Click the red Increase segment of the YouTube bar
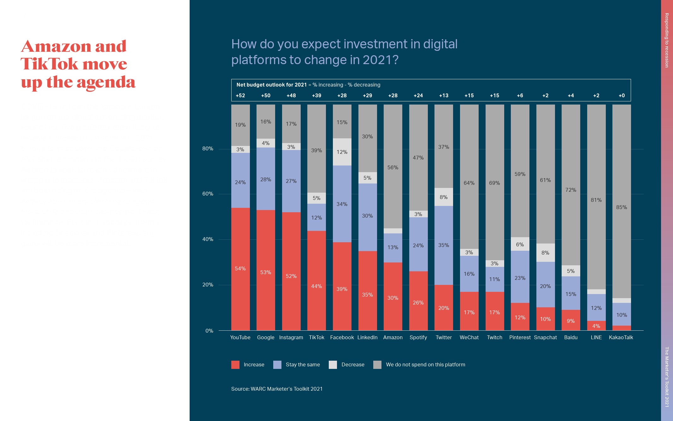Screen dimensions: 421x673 [x=240, y=268]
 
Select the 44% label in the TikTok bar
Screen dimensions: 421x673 [x=316, y=286]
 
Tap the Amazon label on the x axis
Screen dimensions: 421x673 [x=393, y=337]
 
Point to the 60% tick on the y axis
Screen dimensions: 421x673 [x=208, y=194]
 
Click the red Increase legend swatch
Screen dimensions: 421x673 [x=235, y=365]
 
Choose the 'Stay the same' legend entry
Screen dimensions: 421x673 [x=303, y=364]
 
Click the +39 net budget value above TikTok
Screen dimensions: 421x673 [x=316, y=95]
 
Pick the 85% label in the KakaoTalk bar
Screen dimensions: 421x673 [x=622, y=207]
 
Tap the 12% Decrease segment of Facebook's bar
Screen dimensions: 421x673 [x=342, y=152]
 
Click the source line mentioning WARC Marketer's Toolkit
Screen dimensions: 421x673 [x=277, y=389]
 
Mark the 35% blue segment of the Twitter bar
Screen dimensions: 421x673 [x=444, y=245]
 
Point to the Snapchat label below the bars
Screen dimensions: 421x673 [x=545, y=337]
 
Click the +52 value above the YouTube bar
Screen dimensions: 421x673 [x=240, y=95]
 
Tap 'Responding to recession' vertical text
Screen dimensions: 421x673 [x=667, y=40]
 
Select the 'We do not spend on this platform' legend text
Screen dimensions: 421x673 [x=425, y=364]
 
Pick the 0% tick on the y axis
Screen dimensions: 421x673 [x=209, y=331]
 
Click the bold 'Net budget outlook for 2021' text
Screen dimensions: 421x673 [x=272, y=85]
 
